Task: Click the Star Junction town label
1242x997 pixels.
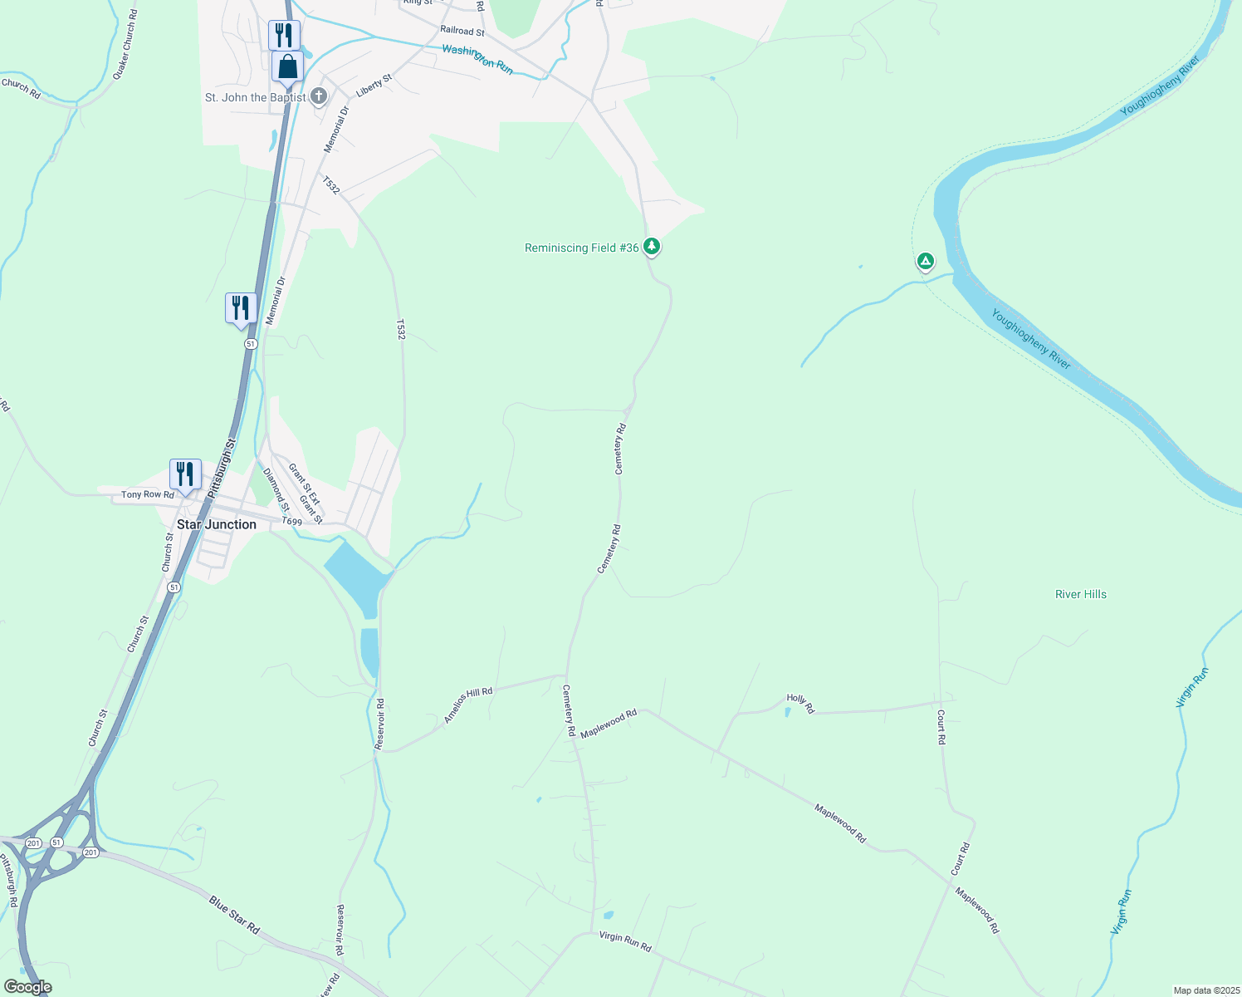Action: tap(217, 524)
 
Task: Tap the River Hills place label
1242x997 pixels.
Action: tap(1080, 594)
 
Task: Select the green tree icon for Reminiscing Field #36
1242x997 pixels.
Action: tap(652, 246)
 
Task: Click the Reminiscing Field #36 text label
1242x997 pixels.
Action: tap(581, 248)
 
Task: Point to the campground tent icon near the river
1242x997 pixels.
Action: tap(925, 262)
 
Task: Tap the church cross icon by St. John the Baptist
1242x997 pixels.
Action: tap(319, 97)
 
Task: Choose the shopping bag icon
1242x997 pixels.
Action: tap(287, 66)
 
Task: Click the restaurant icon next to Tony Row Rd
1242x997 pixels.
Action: tap(185, 474)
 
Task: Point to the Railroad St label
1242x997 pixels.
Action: tap(462, 31)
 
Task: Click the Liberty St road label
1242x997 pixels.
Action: tap(374, 86)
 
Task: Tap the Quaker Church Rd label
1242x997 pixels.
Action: tap(125, 45)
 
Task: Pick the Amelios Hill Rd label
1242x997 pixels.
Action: tap(468, 705)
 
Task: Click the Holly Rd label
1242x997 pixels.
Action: tap(800, 704)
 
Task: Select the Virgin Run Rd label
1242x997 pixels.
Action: tap(625, 941)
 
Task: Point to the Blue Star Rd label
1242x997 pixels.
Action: tap(234, 915)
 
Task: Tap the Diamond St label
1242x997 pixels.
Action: tap(276, 489)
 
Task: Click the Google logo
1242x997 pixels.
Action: tap(28, 987)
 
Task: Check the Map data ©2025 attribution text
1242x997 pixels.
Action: tap(1206, 990)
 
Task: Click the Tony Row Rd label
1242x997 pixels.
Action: tap(148, 494)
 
